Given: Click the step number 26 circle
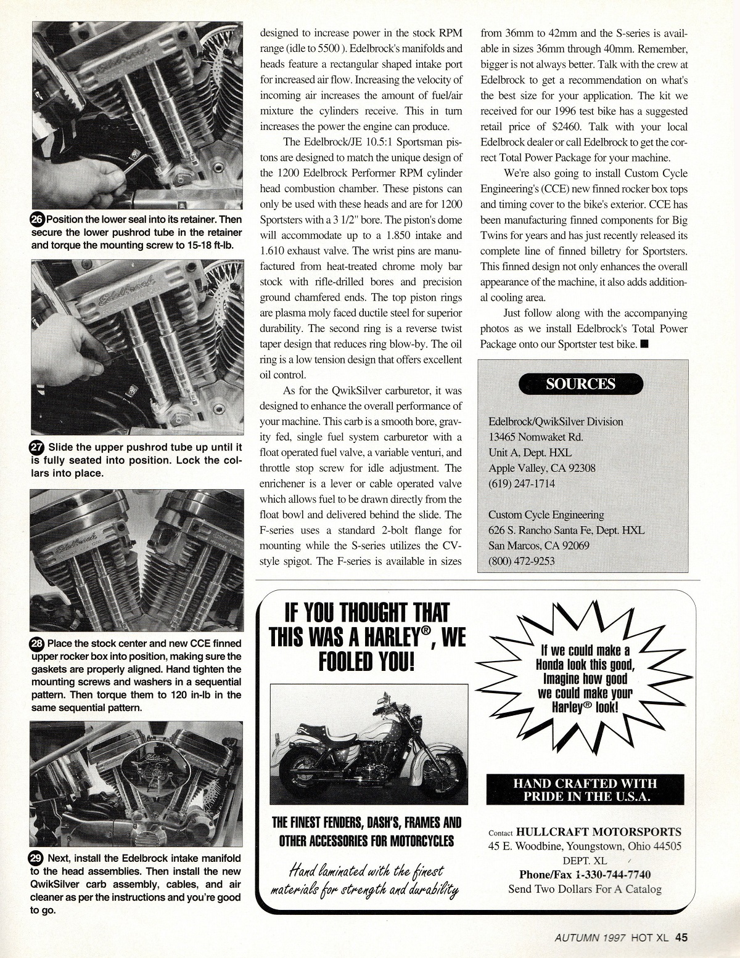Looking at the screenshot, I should coord(38,219).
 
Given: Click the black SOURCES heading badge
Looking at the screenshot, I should coord(580,384).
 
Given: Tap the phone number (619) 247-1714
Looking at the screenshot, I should coord(522,484).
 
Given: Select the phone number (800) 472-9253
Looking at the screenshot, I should coord(522,561).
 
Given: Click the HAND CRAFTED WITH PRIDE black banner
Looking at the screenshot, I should coord(585,789).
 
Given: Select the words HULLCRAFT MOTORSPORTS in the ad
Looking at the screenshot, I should coord(599,832).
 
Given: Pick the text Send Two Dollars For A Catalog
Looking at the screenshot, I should coord(585,888).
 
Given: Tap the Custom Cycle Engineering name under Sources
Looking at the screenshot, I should coord(546,514).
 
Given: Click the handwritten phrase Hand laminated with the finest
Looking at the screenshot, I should coord(366,872).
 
